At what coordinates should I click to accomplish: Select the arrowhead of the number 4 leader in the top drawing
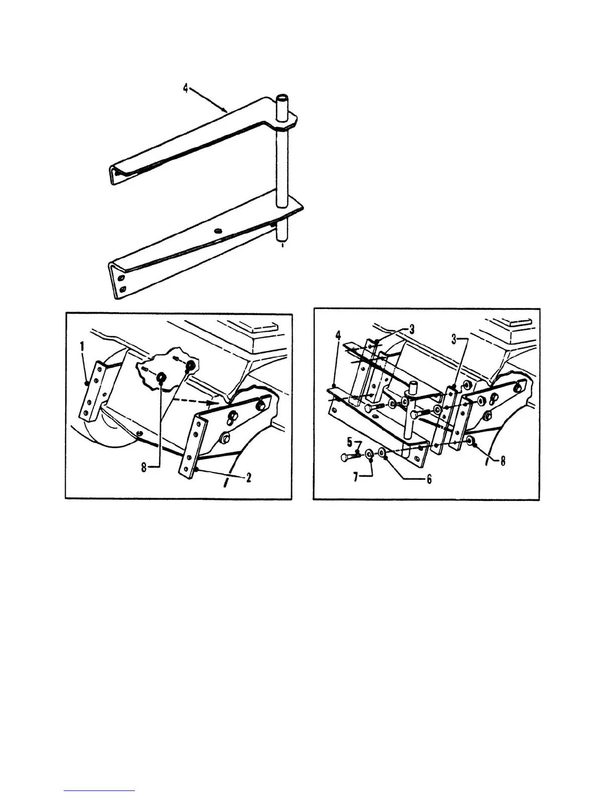(x=225, y=110)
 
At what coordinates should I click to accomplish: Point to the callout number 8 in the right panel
(x=502, y=460)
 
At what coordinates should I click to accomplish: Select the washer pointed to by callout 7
(x=369, y=455)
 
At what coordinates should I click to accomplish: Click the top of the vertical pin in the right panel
(x=414, y=385)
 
